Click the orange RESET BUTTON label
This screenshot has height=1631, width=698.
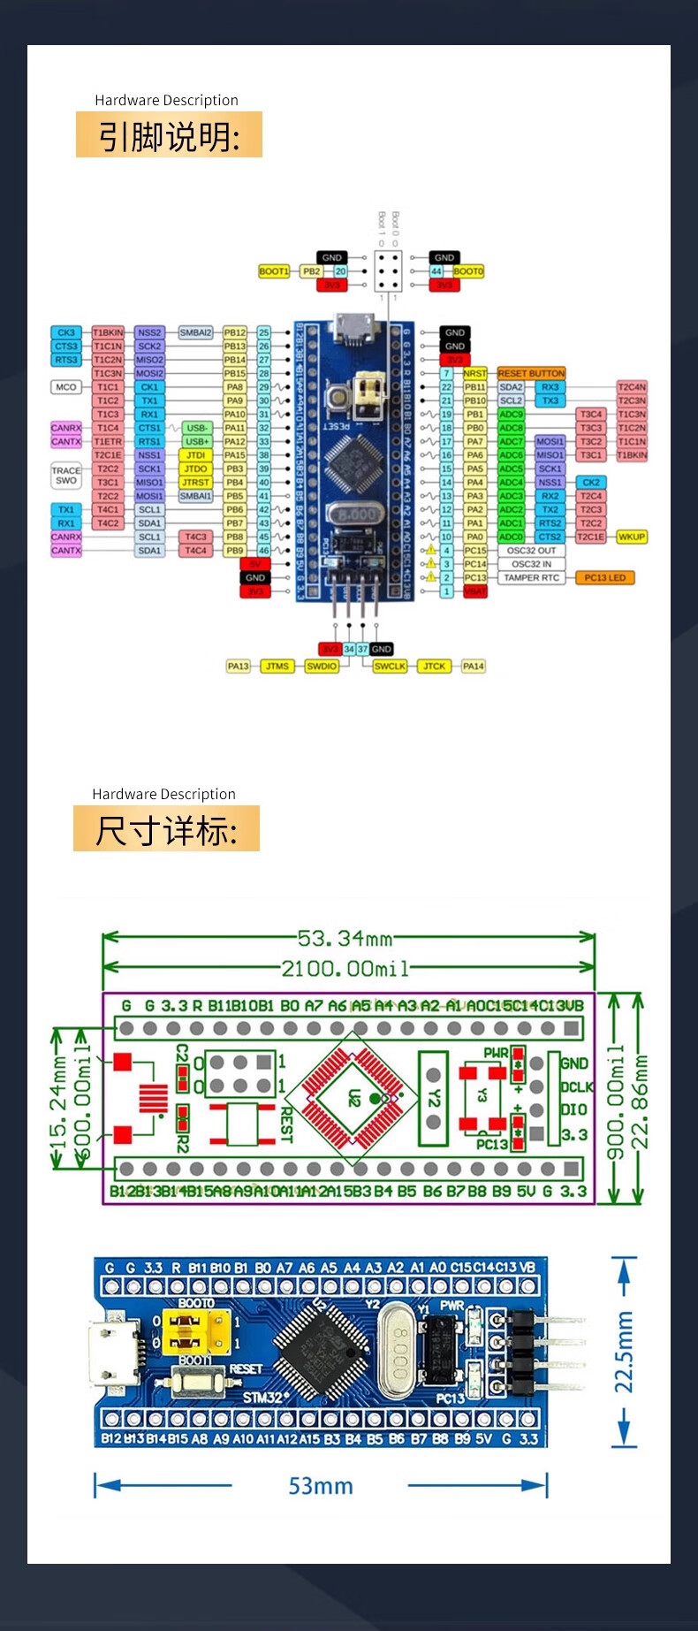click(x=531, y=373)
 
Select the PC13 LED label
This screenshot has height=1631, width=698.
click(x=605, y=577)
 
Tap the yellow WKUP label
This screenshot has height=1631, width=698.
click(x=632, y=537)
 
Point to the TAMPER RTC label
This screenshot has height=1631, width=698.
click(x=531, y=577)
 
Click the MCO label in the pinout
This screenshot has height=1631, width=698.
click(x=66, y=387)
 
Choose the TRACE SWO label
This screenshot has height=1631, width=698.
click(x=66, y=476)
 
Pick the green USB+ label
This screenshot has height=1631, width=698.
click(x=197, y=441)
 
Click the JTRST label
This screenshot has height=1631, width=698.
click(x=195, y=483)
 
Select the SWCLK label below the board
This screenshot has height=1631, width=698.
click(x=390, y=666)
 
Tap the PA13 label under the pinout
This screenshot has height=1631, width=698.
click(x=238, y=666)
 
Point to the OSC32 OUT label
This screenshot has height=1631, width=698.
click(x=531, y=550)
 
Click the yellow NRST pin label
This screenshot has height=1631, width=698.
click(x=475, y=373)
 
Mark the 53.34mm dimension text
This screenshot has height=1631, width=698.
click(x=345, y=938)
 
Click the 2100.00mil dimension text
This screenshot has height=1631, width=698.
click(x=345, y=969)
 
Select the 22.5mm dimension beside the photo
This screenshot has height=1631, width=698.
click(x=624, y=1352)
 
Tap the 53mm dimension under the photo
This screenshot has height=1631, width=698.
click(x=320, y=1486)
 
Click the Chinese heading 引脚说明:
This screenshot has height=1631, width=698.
click(x=169, y=135)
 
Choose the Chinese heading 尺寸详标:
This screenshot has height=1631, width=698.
click(x=166, y=830)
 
